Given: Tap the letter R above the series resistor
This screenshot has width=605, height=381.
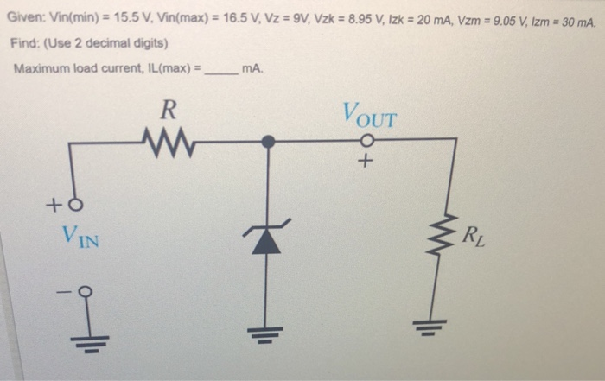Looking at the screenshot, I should pyautogui.click(x=169, y=109).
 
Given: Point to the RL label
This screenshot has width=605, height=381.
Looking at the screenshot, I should pyautogui.click(x=474, y=233).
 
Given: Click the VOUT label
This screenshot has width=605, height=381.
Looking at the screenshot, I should pyautogui.click(x=369, y=113).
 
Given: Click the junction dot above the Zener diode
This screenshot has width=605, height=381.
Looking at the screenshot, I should pyautogui.click(x=268, y=140).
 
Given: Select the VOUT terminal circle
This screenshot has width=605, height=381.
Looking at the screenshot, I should pyautogui.click(x=368, y=140).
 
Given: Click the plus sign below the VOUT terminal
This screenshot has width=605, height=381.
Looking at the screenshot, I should pyautogui.click(x=368, y=162).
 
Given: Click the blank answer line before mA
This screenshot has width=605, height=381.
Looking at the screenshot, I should pyautogui.click(x=220, y=69).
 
